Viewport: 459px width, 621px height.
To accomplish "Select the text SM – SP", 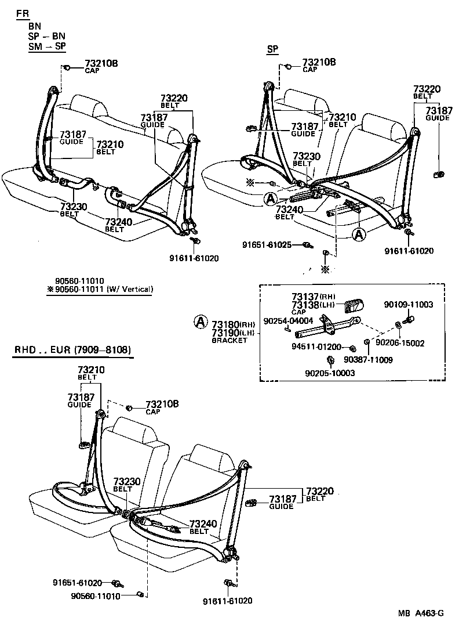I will tap(48, 46).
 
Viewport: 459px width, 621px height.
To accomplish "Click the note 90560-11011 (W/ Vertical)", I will tap(100, 288).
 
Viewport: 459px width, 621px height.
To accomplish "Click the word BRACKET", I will tap(230, 341).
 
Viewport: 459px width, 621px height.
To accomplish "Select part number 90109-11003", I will tap(408, 304).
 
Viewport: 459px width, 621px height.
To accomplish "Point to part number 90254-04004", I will tap(288, 320).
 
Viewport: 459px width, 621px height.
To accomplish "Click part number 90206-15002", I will tap(400, 343).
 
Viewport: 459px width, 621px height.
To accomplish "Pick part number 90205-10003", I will tap(330, 373).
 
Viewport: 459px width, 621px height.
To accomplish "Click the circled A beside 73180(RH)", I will tap(199, 320).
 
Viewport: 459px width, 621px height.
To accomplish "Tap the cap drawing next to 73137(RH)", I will tap(355, 305).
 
